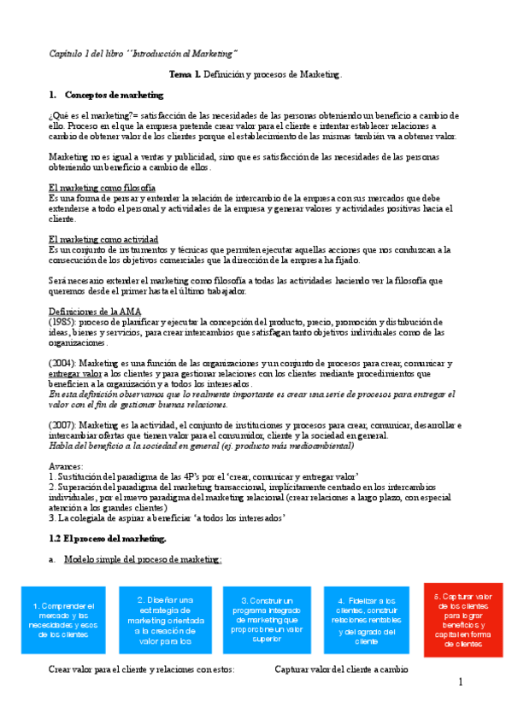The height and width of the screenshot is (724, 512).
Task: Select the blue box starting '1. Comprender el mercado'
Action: [x=62, y=620]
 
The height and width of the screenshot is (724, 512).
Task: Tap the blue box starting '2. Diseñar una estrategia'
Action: [x=162, y=620]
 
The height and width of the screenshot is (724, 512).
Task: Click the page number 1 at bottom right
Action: [x=459, y=681]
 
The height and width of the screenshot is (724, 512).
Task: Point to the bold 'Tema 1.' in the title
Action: [x=185, y=75]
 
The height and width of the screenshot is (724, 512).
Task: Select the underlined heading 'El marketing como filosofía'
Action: [x=102, y=187]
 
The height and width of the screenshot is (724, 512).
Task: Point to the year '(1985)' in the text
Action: [x=63, y=322]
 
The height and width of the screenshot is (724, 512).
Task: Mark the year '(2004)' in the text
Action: [x=63, y=363]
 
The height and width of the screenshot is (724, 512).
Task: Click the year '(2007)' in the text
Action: [x=63, y=425]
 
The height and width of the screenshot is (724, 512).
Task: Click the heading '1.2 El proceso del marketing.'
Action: [x=107, y=539]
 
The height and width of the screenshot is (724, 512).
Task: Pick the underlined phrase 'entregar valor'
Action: [x=75, y=373]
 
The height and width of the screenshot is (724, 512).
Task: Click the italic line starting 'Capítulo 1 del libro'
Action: [x=142, y=54]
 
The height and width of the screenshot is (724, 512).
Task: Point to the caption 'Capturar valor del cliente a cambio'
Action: [x=341, y=669]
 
